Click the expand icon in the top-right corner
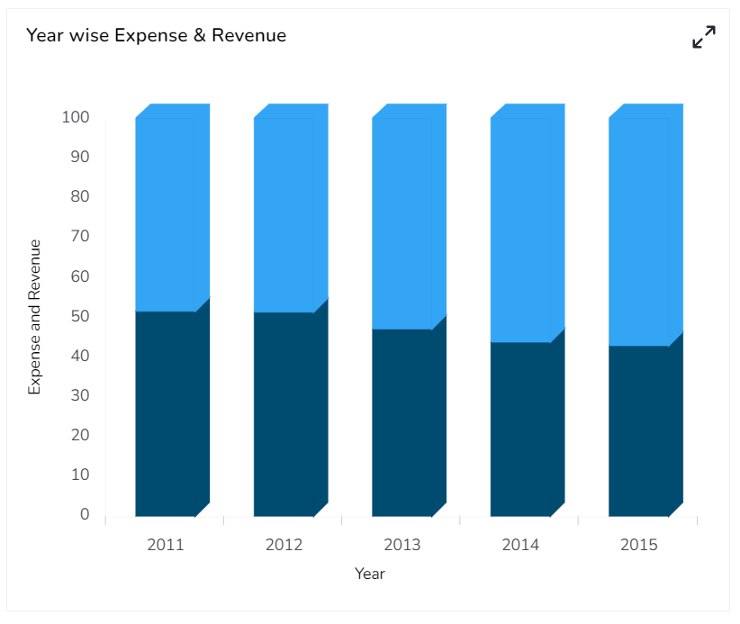703,37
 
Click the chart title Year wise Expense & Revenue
156,35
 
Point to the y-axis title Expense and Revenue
35,316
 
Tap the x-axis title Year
369,574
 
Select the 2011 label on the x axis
165,545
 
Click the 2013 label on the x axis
402,545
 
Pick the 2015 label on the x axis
638,545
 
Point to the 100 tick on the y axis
76,117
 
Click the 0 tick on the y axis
86,514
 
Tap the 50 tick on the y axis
80,316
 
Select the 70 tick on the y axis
80,237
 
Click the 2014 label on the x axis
520,545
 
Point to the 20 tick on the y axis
80,435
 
